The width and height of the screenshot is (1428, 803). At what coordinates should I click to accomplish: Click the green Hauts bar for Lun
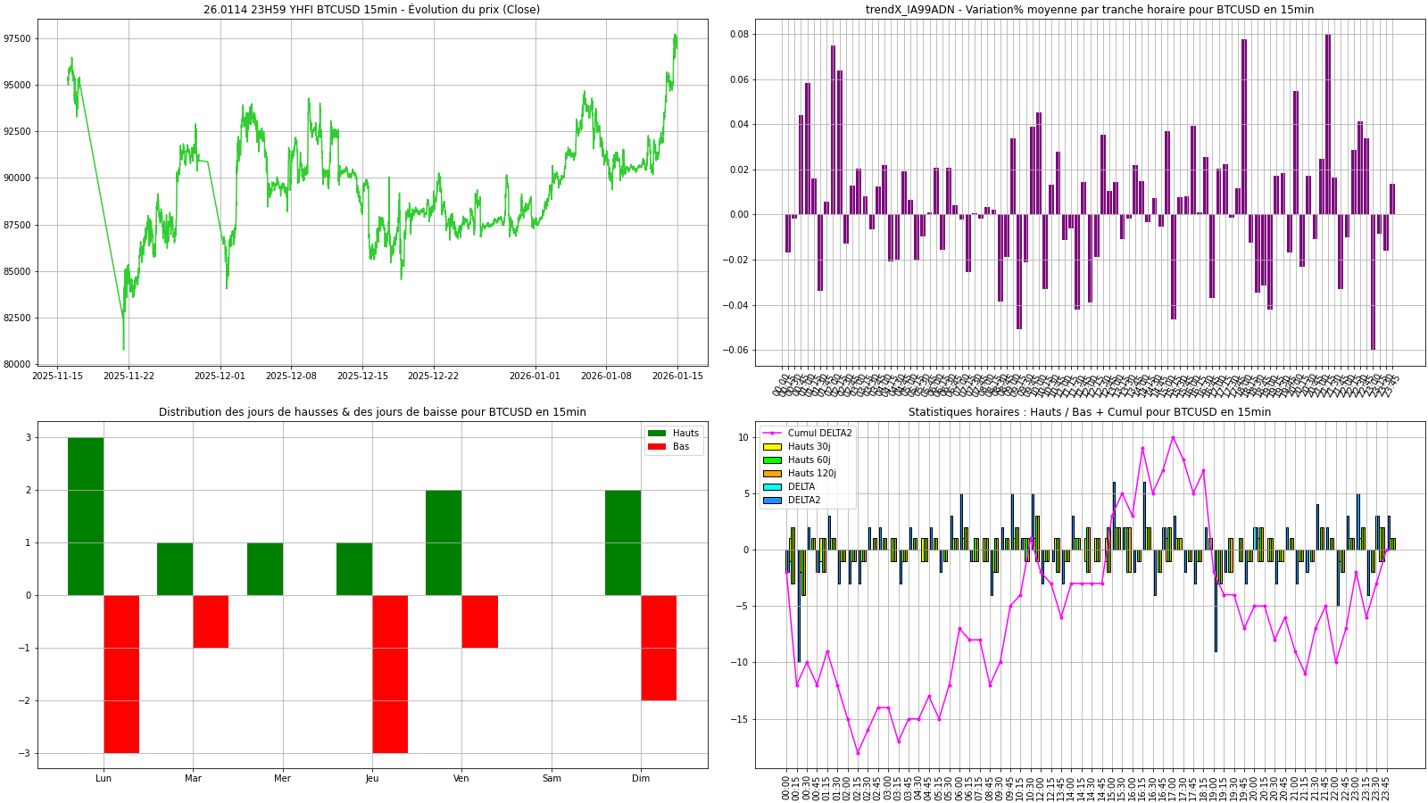[x=86, y=516]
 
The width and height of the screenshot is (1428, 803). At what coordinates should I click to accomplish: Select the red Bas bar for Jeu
[x=390, y=674]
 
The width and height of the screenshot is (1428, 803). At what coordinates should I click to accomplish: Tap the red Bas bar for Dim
[x=659, y=648]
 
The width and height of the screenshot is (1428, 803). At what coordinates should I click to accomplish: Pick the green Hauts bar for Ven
[x=444, y=542]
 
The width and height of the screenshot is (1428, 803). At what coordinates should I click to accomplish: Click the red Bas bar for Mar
[x=211, y=621]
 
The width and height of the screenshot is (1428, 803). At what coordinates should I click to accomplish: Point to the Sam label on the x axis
[x=552, y=778]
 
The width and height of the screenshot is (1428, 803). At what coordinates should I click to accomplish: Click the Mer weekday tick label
[x=282, y=778]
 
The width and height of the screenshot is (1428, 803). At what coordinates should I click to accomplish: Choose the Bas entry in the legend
[x=681, y=447]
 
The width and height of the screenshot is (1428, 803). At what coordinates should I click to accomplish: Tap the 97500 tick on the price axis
[x=18, y=38]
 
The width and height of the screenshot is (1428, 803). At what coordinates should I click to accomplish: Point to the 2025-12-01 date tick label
[x=220, y=377]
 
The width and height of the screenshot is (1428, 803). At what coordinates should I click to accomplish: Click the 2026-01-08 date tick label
[x=606, y=377]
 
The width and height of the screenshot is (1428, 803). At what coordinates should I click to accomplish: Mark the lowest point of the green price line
[x=123, y=349]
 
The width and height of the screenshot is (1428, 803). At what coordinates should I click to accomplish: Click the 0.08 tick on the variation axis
[x=739, y=35]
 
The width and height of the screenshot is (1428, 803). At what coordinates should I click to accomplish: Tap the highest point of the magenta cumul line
[x=1173, y=437]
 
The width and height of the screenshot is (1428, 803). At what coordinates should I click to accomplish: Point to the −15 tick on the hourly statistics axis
[x=742, y=719]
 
